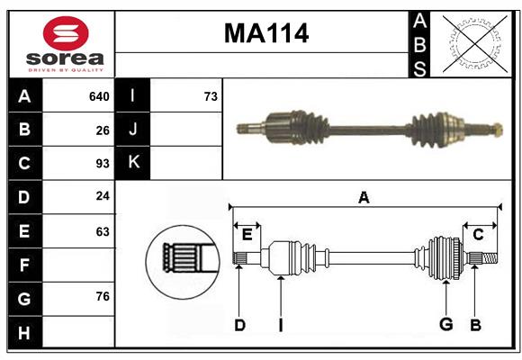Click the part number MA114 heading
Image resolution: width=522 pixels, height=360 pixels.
265,33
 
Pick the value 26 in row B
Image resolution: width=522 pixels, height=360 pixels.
103,130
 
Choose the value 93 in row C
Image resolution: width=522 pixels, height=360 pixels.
103,164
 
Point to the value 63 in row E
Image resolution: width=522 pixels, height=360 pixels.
103,231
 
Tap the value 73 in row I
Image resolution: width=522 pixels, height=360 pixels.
211,96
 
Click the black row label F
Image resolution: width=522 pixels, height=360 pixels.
24,265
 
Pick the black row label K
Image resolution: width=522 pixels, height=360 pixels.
133,163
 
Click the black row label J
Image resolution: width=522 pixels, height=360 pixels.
133,130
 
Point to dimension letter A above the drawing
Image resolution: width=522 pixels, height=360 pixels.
364,198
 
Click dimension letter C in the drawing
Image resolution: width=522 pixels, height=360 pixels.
478,235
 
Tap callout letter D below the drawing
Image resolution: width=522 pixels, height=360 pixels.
239,325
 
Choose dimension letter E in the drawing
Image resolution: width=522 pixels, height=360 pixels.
247,235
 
